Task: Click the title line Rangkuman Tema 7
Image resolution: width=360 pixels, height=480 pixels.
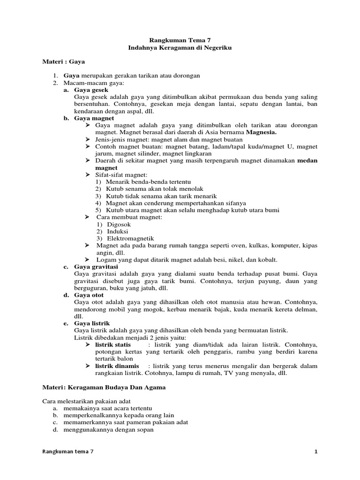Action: (x=180, y=40)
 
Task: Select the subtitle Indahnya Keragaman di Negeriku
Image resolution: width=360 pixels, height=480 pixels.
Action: (x=180, y=48)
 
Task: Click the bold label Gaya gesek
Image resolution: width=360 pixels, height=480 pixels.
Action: (x=91, y=90)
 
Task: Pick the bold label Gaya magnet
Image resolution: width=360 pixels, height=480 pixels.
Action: (x=94, y=119)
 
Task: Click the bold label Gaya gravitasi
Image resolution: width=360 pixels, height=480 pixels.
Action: (x=97, y=267)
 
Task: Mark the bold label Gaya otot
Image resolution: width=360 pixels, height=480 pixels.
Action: (x=89, y=295)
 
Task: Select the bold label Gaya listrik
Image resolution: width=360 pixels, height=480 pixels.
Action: (x=92, y=323)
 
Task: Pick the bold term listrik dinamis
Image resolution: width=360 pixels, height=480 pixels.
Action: (x=117, y=366)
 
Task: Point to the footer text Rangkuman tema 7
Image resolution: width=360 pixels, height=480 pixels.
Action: (x=68, y=451)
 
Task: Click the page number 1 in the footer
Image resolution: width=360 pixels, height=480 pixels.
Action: (x=316, y=451)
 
